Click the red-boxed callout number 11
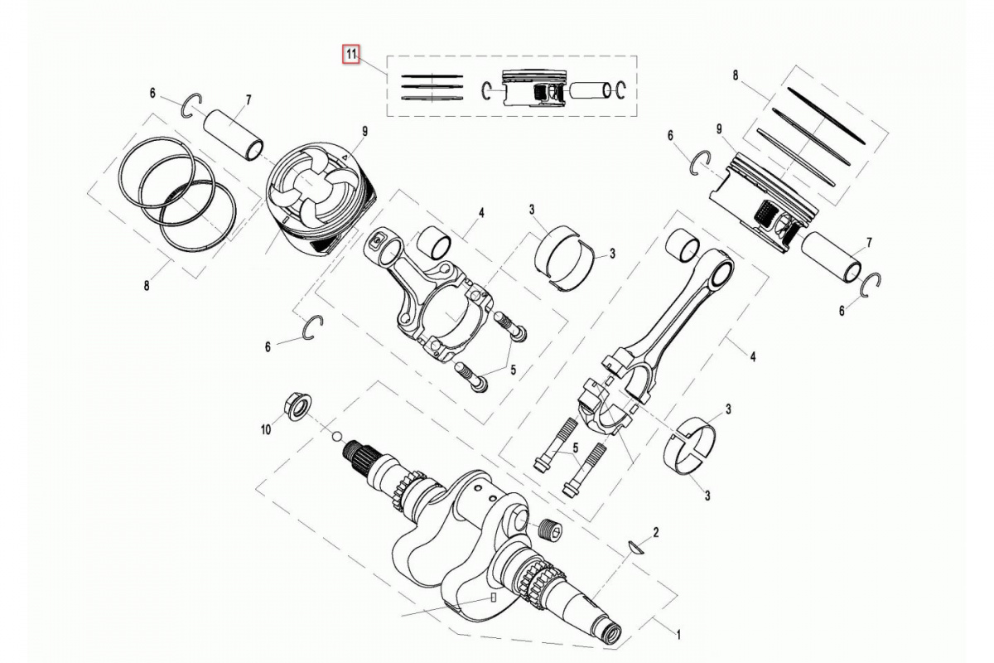(x=351, y=55)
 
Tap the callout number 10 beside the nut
(x=265, y=430)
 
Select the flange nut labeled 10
(x=297, y=405)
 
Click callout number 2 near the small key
(x=655, y=532)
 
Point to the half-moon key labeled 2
(x=636, y=547)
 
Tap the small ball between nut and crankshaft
(x=337, y=436)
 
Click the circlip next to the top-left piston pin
(x=192, y=106)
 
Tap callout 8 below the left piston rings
(x=147, y=286)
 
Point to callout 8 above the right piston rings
(x=736, y=75)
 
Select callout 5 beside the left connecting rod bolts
(x=513, y=370)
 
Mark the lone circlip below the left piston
(x=313, y=328)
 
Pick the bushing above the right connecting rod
(x=683, y=245)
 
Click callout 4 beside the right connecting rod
(x=753, y=356)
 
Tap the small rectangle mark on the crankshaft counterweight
(x=492, y=597)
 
